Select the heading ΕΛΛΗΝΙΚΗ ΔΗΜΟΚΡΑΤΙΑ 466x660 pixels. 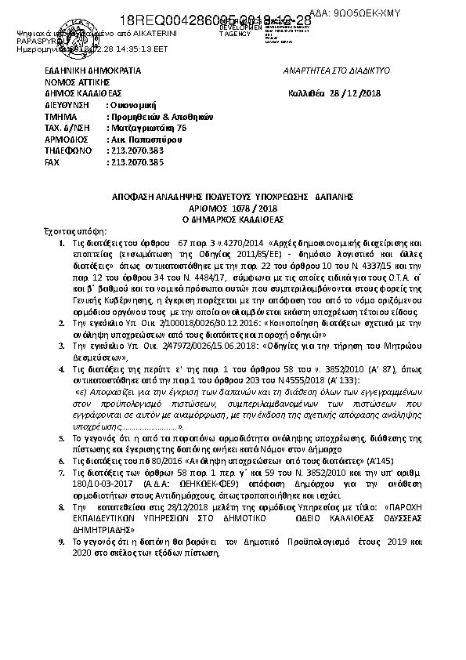tap(93, 71)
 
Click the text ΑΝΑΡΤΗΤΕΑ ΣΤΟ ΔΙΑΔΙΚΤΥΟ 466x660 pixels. tap(338, 71)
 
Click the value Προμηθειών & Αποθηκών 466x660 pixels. tap(148, 115)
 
